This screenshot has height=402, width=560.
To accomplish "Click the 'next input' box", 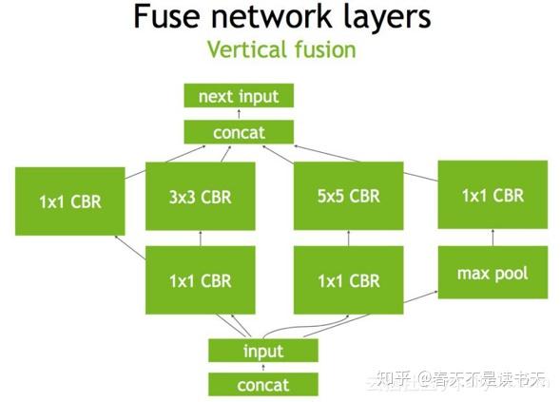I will pyautogui.click(x=239, y=96).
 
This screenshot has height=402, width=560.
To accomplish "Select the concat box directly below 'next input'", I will pyautogui.click(x=239, y=132).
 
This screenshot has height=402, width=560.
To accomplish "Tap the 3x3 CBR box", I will pyautogui.click(x=201, y=197).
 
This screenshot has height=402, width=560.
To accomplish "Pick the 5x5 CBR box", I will pyautogui.click(x=349, y=197).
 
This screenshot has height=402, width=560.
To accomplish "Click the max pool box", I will pyautogui.click(x=492, y=274).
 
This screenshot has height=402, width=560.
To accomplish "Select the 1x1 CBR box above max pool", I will pyautogui.click(x=492, y=195).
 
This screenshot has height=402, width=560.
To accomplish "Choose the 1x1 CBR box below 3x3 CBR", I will pyautogui.click(x=201, y=280).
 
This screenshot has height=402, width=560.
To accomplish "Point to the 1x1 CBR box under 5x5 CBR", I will pyautogui.click(x=349, y=280).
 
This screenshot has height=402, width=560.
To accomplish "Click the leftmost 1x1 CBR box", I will pyautogui.click(x=69, y=201).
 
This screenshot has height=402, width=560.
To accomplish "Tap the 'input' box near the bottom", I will pyautogui.click(x=263, y=351).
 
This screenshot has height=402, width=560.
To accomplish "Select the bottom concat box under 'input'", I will pyautogui.click(x=263, y=384).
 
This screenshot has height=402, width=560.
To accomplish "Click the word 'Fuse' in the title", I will pyautogui.click(x=167, y=16).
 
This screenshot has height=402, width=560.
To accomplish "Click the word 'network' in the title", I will pyautogui.click(x=267, y=16).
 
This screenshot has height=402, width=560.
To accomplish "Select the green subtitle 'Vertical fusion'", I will pyautogui.click(x=280, y=49).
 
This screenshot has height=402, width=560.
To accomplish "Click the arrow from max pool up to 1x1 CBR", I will pyautogui.click(x=492, y=238).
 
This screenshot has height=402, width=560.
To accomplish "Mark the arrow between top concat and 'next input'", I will pyautogui.click(x=239, y=114).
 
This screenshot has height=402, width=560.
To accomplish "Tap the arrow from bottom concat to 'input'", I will pyautogui.click(x=263, y=368).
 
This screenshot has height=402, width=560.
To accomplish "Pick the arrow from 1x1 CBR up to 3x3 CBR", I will pyautogui.click(x=201, y=238).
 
